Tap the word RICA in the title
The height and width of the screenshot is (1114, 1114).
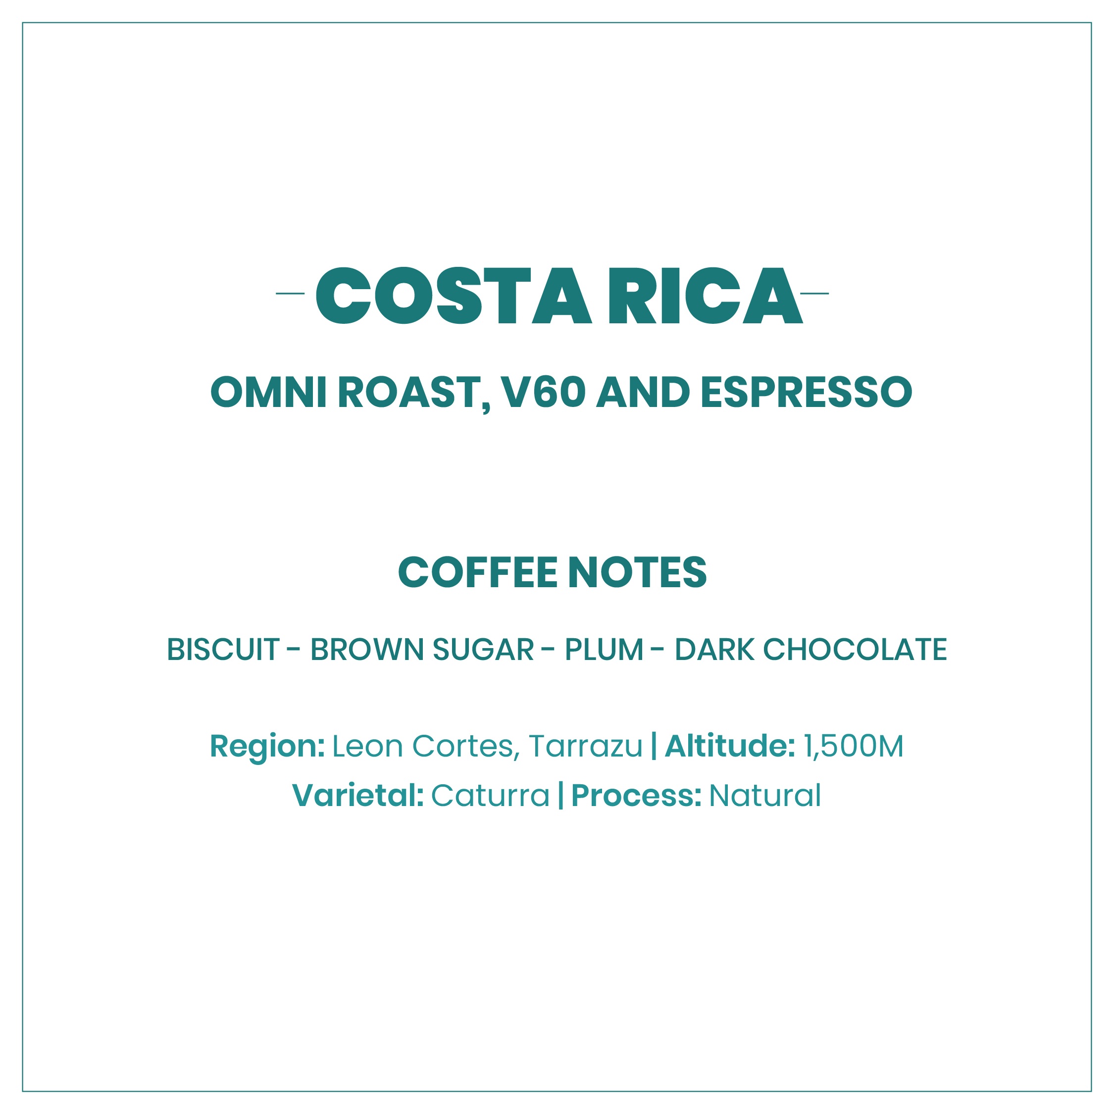(x=706, y=295)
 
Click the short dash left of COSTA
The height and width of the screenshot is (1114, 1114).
(x=290, y=294)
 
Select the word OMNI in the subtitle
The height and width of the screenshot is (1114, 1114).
(x=269, y=393)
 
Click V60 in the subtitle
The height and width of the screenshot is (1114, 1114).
(x=544, y=393)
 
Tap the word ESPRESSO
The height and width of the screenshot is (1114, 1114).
(x=807, y=393)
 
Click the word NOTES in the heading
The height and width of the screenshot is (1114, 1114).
(x=637, y=572)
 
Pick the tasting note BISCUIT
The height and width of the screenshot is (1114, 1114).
(x=223, y=650)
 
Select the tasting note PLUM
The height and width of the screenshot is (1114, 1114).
(x=604, y=650)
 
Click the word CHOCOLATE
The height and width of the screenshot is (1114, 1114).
(x=855, y=650)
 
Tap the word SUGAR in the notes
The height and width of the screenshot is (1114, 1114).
(x=483, y=650)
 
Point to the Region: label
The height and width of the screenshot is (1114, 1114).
(x=267, y=747)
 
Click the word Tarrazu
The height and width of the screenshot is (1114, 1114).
(x=585, y=746)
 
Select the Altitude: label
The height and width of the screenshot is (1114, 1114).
(x=730, y=746)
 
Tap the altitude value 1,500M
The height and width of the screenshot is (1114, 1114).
(x=854, y=747)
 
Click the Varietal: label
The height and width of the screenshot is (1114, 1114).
(x=358, y=796)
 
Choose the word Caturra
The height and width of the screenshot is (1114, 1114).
(x=490, y=796)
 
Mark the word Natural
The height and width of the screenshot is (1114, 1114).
(x=764, y=796)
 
